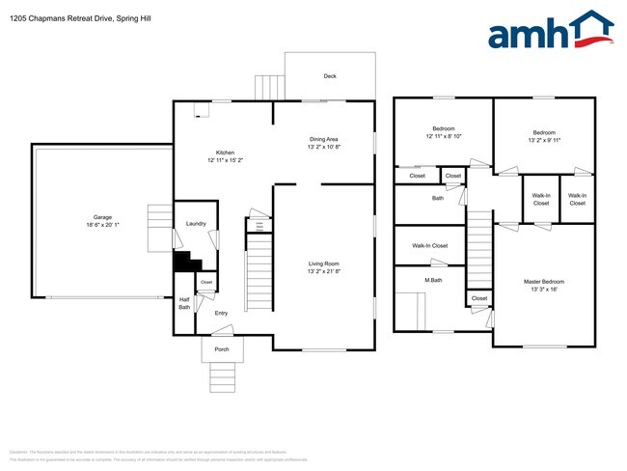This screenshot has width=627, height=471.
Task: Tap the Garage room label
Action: coord(103,217)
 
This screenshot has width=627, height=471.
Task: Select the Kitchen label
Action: coord(225,152)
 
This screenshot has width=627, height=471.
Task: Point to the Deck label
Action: coord(329,75)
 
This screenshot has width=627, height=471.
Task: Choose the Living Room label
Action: coord(324,263)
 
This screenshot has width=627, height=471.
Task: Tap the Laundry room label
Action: coord(196,224)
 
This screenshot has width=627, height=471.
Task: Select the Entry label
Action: coord(221,313)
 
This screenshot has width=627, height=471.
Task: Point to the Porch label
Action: coord(222,349)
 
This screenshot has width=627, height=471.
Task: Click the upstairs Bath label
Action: coord(438,198)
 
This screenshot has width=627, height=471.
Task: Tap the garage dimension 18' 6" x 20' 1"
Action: coord(103,226)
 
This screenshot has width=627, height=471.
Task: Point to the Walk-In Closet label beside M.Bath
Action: coord(429,246)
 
